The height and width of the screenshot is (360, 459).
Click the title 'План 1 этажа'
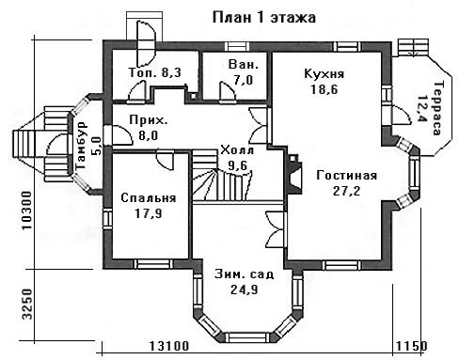click(264, 18)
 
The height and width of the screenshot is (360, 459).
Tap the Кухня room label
click(324, 74)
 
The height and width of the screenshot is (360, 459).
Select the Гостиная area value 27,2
click(346, 191)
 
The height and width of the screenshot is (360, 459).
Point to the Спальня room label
click(149, 198)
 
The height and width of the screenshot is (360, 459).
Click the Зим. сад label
click(245, 274)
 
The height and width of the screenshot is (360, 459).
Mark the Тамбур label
click(82, 145)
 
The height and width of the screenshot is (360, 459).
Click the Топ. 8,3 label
click(155, 72)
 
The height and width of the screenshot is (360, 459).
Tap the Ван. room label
click(244, 65)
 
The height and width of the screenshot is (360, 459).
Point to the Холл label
click(237, 150)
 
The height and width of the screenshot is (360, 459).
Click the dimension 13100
click(169, 346)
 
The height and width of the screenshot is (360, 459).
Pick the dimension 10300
click(27, 210)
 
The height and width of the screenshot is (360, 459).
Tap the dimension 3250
click(27, 304)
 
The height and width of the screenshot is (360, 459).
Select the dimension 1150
click(411, 346)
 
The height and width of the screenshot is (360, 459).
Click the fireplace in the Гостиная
click(293, 174)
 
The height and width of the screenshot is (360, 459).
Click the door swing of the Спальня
click(166, 160)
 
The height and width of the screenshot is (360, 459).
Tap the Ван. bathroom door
click(227, 92)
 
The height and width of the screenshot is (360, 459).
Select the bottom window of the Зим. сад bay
click(247, 337)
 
